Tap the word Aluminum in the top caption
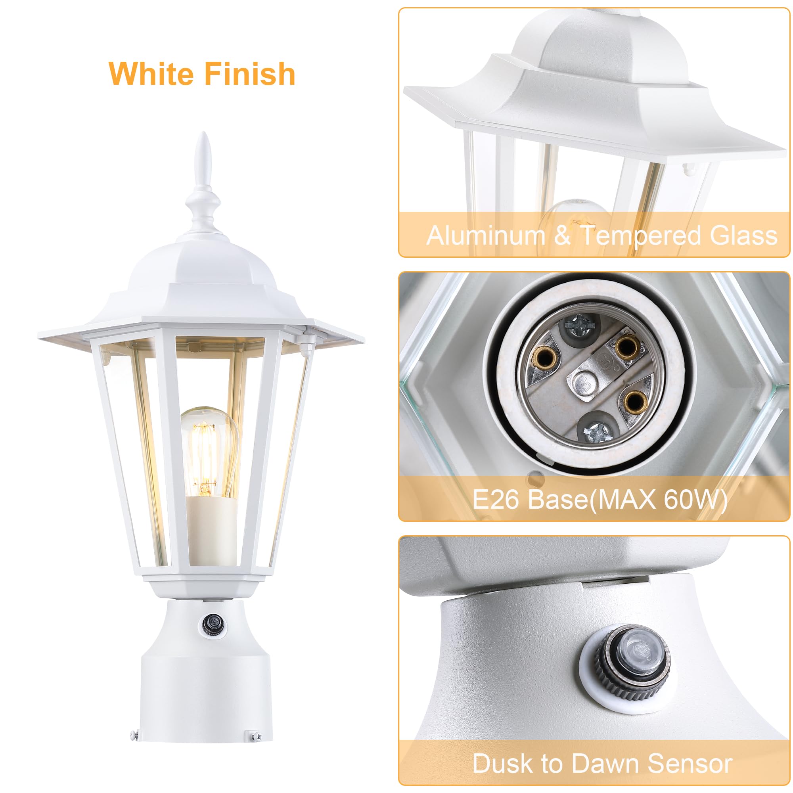(x=486, y=236)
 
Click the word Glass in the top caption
(x=743, y=236)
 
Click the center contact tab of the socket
(x=583, y=380)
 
